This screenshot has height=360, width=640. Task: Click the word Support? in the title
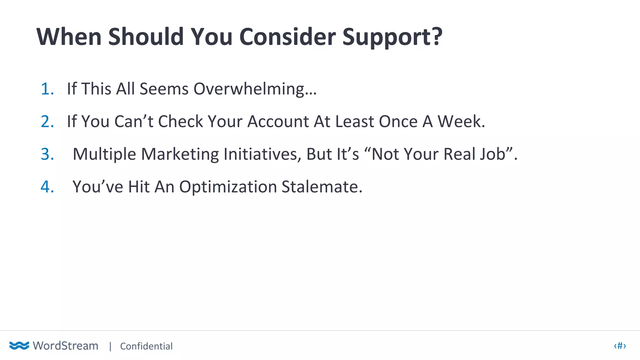(x=392, y=37)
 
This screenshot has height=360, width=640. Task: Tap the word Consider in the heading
(x=287, y=37)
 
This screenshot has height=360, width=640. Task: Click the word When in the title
(x=69, y=37)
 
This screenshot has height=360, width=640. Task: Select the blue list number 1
(x=47, y=89)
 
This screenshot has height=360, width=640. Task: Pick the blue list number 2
(x=47, y=122)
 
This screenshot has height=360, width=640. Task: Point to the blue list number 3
(x=47, y=154)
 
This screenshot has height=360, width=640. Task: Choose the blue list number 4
(x=47, y=187)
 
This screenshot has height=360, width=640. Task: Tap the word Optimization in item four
(x=228, y=187)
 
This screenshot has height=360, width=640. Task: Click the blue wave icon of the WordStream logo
(x=19, y=346)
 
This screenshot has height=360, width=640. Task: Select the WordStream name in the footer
(x=66, y=346)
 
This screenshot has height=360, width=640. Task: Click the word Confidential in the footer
(x=146, y=346)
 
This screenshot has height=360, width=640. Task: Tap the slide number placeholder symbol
(x=620, y=346)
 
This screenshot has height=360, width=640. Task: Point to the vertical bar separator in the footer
(x=110, y=346)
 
